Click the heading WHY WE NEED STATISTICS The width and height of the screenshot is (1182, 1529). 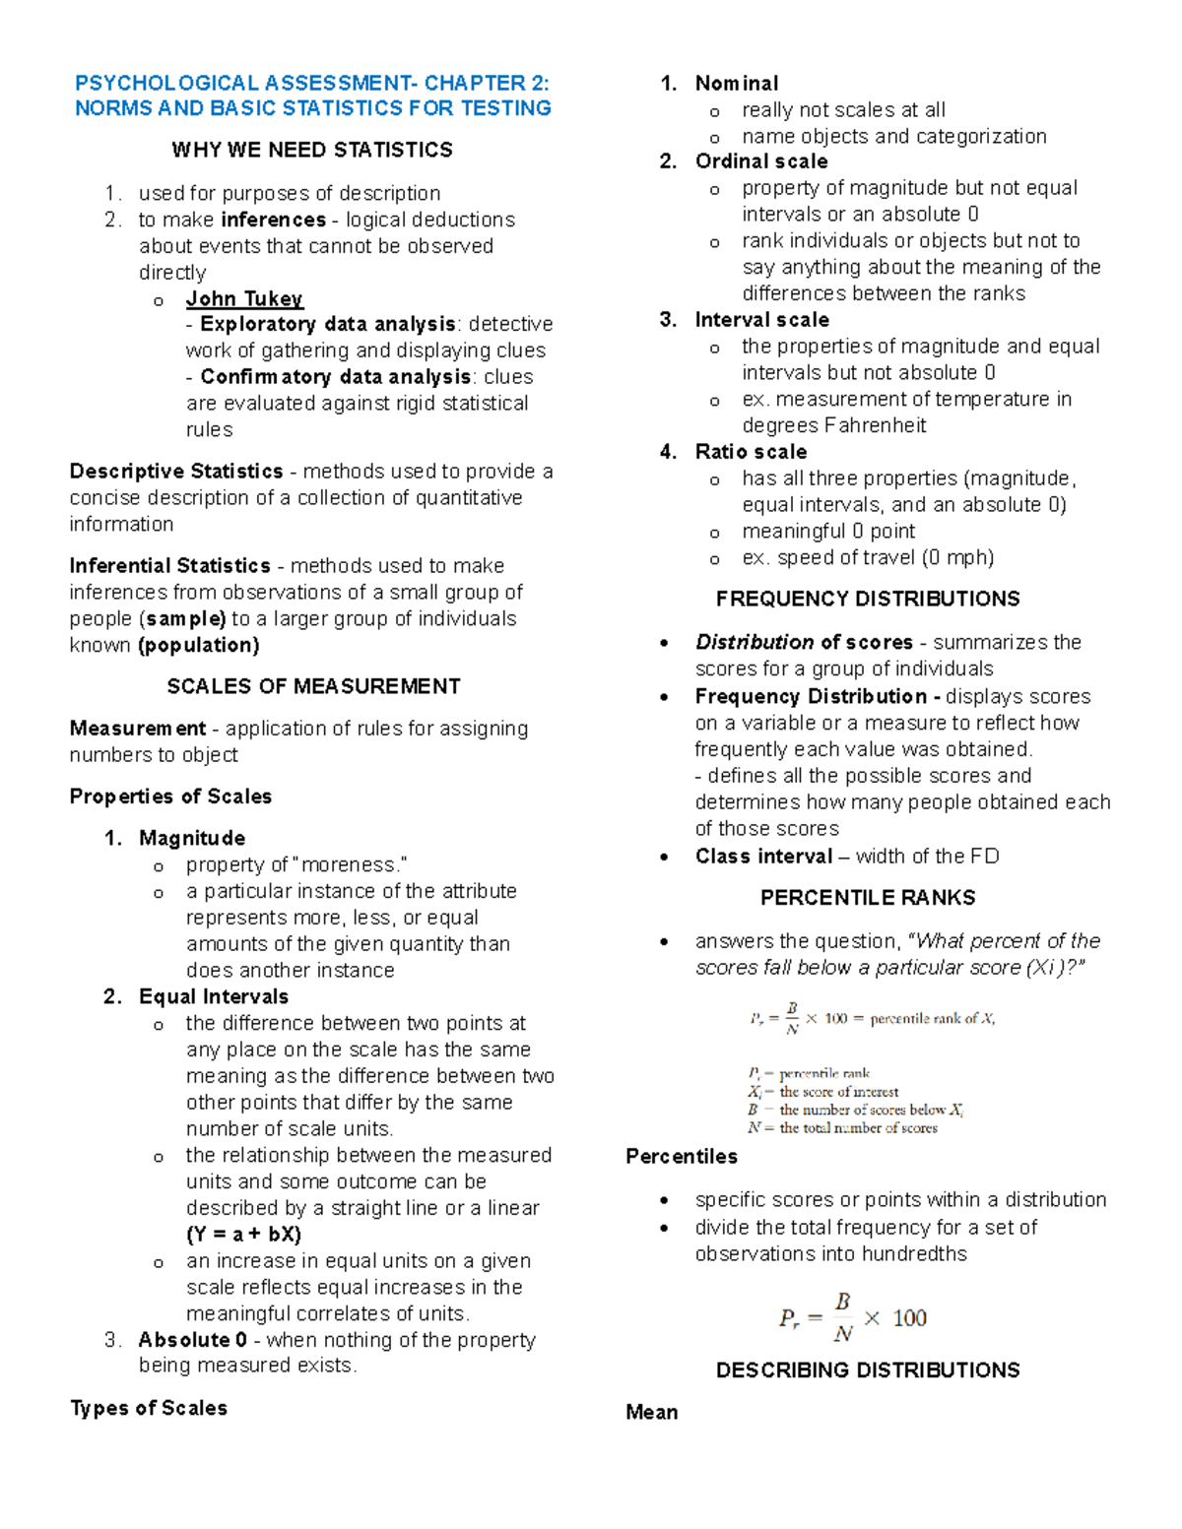[x=312, y=150]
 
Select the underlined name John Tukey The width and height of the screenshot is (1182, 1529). [x=244, y=298]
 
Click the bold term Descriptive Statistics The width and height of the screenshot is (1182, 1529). [x=176, y=472]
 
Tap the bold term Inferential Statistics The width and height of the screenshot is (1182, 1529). [x=169, y=566]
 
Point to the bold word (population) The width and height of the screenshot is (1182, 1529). [x=199, y=646]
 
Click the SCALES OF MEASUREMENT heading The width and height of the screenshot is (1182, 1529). [x=313, y=686]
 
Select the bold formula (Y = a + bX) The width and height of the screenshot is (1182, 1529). [x=243, y=1235]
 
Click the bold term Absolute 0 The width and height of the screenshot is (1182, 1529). [x=193, y=1340]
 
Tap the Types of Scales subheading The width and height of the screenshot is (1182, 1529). [x=149, y=1408]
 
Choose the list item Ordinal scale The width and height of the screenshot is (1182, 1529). [x=760, y=161]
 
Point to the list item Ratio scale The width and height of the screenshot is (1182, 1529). [x=751, y=452]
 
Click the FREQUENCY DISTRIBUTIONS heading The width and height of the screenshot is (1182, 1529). [x=868, y=599]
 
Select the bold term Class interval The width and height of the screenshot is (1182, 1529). [x=763, y=857]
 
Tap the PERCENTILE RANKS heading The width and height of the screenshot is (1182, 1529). [x=868, y=898]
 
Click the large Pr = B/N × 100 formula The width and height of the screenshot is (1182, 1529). [x=853, y=1318]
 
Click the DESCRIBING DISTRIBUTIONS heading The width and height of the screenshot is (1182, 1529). [x=868, y=1370]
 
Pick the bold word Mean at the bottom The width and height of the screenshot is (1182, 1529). [x=652, y=1412]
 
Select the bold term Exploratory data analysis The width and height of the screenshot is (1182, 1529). [x=327, y=324]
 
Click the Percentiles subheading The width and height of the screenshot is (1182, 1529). [x=682, y=1157]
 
